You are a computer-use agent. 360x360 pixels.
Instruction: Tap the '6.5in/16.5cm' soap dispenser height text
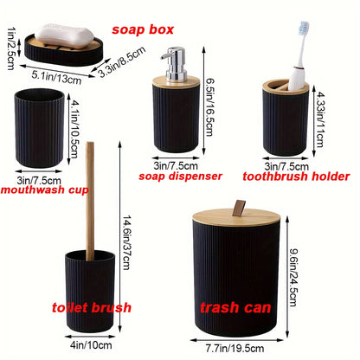click(x=225, y=106)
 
